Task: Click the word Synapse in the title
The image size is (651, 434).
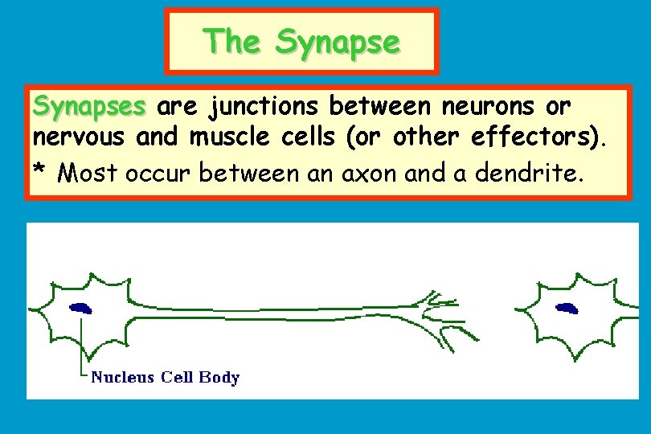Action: pos(337,42)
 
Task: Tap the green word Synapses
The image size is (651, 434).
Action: pos(89,106)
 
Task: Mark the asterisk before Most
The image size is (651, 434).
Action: pos(40,170)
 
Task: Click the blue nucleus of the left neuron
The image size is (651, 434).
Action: pos(80,307)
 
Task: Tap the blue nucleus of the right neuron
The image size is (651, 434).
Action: pos(567,306)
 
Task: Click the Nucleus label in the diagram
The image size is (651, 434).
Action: pos(122,377)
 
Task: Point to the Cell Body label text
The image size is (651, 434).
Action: pos(200,377)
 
